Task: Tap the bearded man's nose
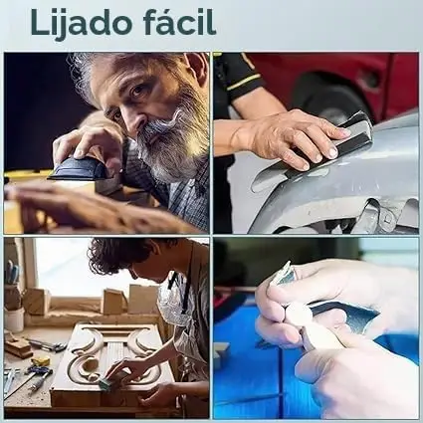[135, 119]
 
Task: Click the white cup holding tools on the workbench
[14, 319]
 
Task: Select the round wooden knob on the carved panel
[89, 364]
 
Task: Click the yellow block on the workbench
[41, 361]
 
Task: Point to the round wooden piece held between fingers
[298, 315]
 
